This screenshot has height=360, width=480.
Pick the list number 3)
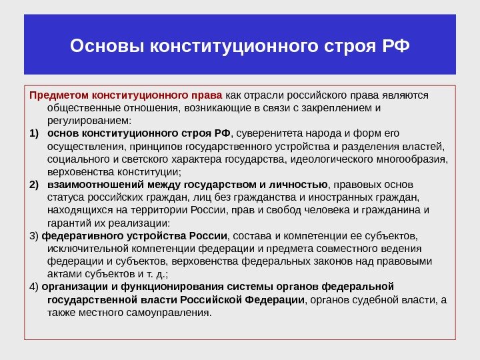(x=35, y=235)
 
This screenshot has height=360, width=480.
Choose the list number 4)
(x=35, y=287)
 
